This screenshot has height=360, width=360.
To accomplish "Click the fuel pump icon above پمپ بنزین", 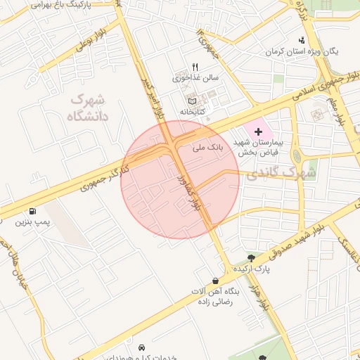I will click(x=33, y=211).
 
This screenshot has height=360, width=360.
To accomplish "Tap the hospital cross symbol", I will click(x=258, y=131).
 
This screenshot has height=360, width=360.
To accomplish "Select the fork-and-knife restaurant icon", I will click(x=195, y=67).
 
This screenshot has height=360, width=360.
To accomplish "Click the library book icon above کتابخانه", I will click(x=193, y=101).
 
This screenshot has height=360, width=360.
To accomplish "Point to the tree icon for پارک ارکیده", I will click(x=251, y=258).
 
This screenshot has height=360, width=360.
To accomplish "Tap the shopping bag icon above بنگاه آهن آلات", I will click(x=214, y=281).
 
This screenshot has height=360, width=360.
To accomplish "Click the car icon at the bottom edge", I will click(x=142, y=348).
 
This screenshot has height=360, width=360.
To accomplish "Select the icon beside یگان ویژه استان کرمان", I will click(x=302, y=40).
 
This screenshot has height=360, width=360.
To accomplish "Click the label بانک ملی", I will click(x=207, y=148).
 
